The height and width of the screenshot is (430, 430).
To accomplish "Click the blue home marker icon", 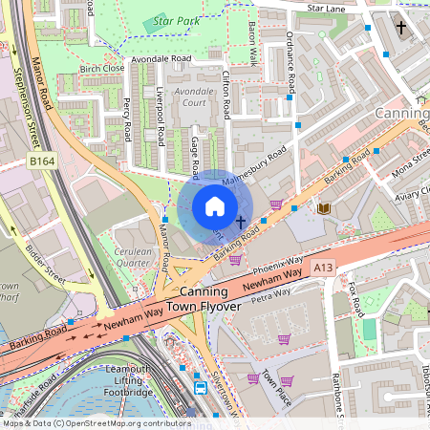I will tap(215, 206).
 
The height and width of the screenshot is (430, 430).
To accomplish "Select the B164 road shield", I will tap(41, 162).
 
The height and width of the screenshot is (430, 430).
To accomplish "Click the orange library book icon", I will tap(323, 207).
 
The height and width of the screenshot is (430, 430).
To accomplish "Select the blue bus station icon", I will tap(201, 388).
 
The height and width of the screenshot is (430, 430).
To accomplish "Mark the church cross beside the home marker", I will tap(241, 221).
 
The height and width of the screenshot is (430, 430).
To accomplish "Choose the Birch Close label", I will tap(102, 69).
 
